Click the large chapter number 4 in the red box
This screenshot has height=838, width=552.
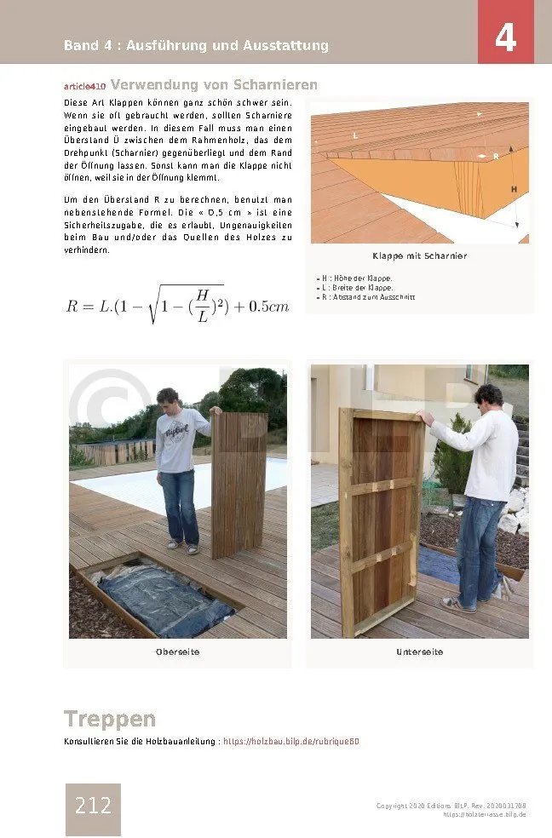click(506, 37)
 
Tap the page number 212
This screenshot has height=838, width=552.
click(93, 806)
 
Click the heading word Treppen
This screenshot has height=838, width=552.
click(110, 719)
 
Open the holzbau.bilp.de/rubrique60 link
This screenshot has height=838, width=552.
click(290, 742)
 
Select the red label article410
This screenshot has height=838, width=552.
click(84, 87)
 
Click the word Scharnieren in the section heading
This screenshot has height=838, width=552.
click(274, 85)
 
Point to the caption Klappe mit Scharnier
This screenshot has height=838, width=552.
click(419, 256)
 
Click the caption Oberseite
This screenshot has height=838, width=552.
click(177, 652)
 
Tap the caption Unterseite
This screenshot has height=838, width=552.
click(419, 652)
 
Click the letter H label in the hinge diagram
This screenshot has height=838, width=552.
click(514, 188)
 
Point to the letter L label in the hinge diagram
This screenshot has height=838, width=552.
click(355, 135)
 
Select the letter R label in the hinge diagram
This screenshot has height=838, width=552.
click(496, 157)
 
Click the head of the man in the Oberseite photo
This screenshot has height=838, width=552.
click(168, 399)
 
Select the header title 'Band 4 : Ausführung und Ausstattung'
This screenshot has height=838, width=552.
click(196, 46)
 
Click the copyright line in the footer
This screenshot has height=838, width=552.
click(451, 806)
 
